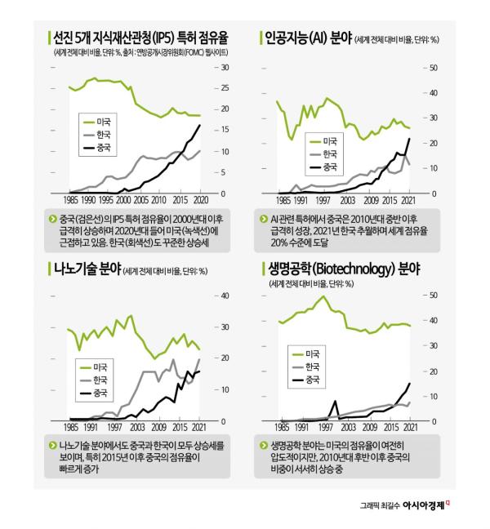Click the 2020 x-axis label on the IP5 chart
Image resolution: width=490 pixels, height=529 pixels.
tap(200, 198)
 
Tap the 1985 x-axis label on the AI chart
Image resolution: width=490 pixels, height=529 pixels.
tap(283, 198)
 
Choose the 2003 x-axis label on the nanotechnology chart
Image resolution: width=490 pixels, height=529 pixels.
tap(136, 426)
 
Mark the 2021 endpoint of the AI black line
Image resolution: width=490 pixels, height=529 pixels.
tap(409, 139)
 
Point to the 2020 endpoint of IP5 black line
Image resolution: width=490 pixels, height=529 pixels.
tap(200, 124)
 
